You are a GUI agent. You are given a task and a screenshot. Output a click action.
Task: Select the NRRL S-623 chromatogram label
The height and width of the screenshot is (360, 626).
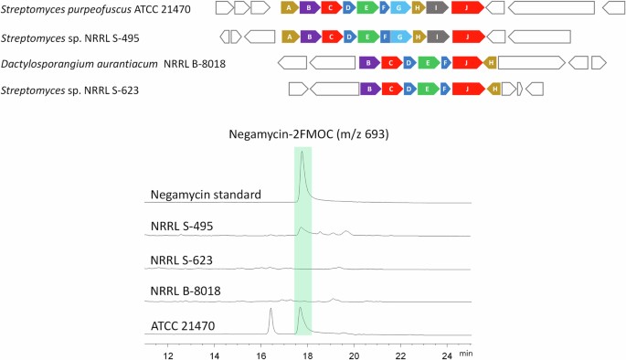pyautogui.click(x=181, y=260)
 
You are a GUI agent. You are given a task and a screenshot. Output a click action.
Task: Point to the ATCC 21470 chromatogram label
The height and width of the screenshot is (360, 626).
pyautogui.click(x=181, y=325)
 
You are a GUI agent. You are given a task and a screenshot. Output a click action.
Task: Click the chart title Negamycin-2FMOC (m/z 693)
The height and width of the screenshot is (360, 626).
pyautogui.click(x=309, y=134)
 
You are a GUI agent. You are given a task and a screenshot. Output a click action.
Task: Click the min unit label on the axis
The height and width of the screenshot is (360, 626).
pyautogui.click(x=466, y=353)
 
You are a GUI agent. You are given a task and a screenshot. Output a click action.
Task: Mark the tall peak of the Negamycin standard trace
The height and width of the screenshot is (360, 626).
pyautogui.click(x=302, y=155)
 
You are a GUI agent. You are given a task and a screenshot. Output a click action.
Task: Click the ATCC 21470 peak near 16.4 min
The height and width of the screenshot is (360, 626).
pyautogui.click(x=271, y=312)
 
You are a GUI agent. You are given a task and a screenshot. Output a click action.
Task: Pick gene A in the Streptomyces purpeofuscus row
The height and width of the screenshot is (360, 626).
pyautogui.click(x=289, y=8)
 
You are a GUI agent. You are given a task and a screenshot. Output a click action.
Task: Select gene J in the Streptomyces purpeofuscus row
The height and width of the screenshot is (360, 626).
pyautogui.click(x=467, y=8)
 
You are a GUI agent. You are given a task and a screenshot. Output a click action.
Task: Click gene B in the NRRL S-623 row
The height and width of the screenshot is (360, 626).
pyautogui.click(x=369, y=89)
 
